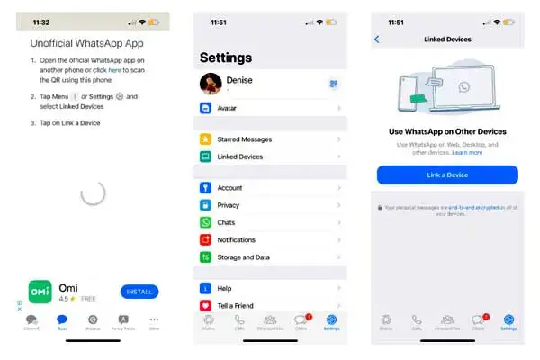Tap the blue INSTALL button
[139, 292]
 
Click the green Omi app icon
[39, 292]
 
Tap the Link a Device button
[447, 175]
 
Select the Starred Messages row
[270, 139]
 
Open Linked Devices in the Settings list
[270, 157]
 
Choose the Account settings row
[270, 188]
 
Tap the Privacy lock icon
[205, 205]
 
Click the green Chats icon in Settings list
[205, 222]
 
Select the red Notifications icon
[205, 239]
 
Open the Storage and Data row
[270, 256]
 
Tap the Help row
[270, 288]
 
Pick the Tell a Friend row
[270, 306]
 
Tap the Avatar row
[270, 108]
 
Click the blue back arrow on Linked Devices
[377, 40]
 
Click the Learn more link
[468, 152]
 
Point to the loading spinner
[93, 192]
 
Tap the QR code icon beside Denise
[333, 83]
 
